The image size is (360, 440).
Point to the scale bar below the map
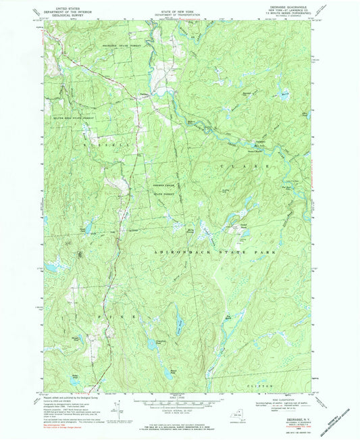coord(180,405)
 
